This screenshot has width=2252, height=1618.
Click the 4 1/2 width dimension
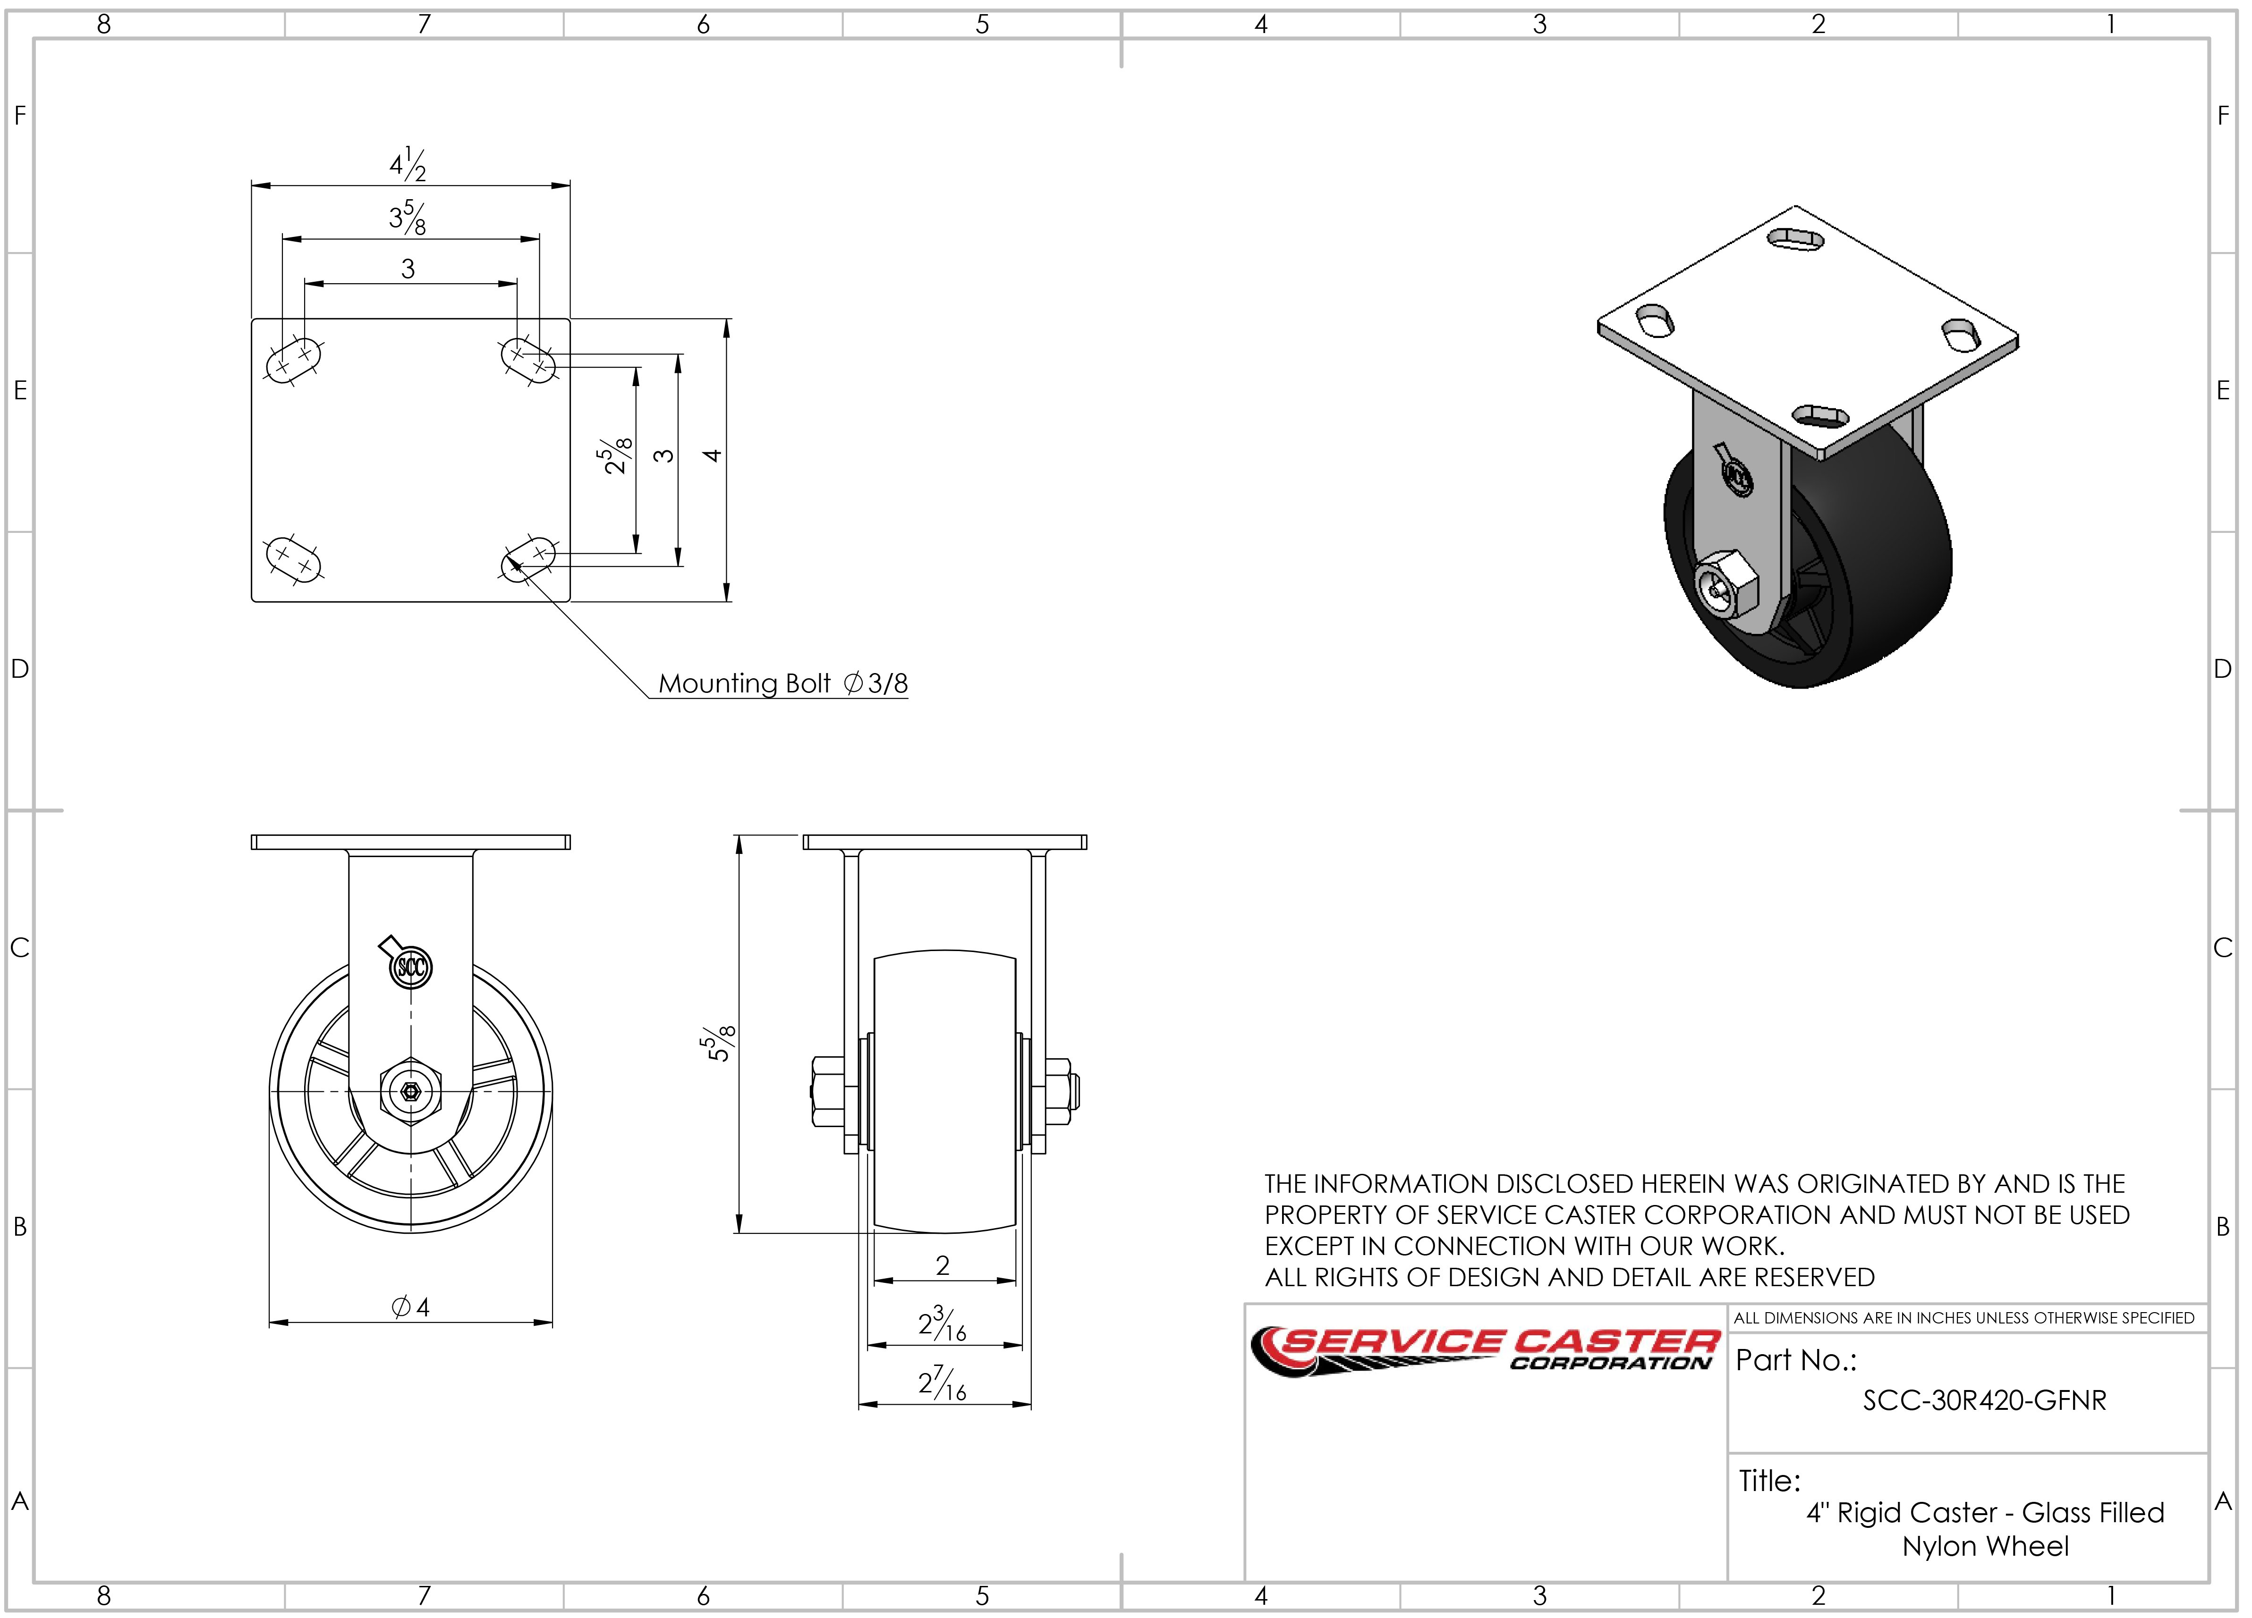pyautogui.click(x=408, y=165)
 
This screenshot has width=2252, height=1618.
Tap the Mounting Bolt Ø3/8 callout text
pyautogui.click(x=782, y=684)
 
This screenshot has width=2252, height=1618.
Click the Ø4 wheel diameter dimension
pyautogui.click(x=410, y=1307)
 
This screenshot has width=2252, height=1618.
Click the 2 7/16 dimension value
pyautogui.click(x=941, y=1383)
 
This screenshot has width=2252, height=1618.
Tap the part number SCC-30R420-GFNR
pyautogui.click(x=1984, y=1400)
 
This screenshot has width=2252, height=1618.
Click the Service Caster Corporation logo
pyautogui.click(x=1485, y=1352)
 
